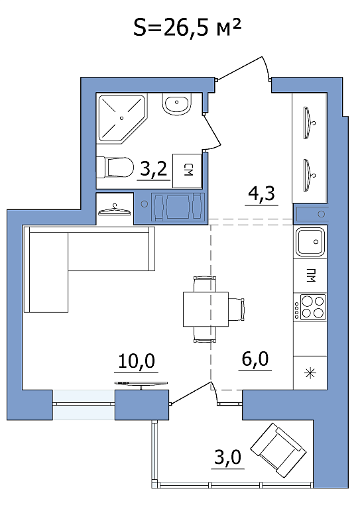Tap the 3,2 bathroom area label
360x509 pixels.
[x=154, y=169]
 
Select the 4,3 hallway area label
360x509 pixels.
[x=261, y=194]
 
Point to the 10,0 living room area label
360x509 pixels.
[x=137, y=361]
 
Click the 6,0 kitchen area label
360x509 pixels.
[x=255, y=359]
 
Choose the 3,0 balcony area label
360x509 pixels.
[x=228, y=457]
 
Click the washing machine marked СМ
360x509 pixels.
[x=187, y=171]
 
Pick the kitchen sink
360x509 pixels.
[x=310, y=241]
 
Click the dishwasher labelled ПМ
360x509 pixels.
[x=310, y=276]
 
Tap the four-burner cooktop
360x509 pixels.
[x=310, y=307]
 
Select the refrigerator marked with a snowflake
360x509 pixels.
[x=310, y=372]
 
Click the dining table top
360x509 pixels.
[x=206, y=309]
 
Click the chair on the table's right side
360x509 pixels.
[x=237, y=309]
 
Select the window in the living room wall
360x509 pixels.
[x=84, y=404]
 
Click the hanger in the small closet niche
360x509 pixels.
[x=115, y=209]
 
